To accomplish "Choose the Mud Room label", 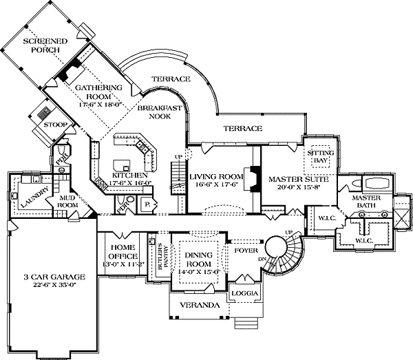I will (x=67, y=201).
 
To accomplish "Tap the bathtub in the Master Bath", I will (x=374, y=184).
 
